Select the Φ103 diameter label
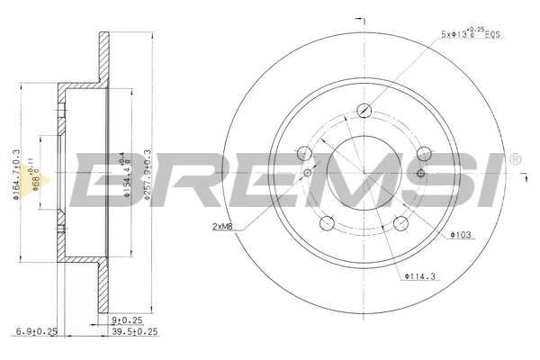(461, 235)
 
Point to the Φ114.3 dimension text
(420, 275)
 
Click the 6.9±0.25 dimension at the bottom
(36, 331)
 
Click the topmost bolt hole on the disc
(364, 111)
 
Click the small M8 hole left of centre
(308, 173)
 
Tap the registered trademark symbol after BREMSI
(515, 160)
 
